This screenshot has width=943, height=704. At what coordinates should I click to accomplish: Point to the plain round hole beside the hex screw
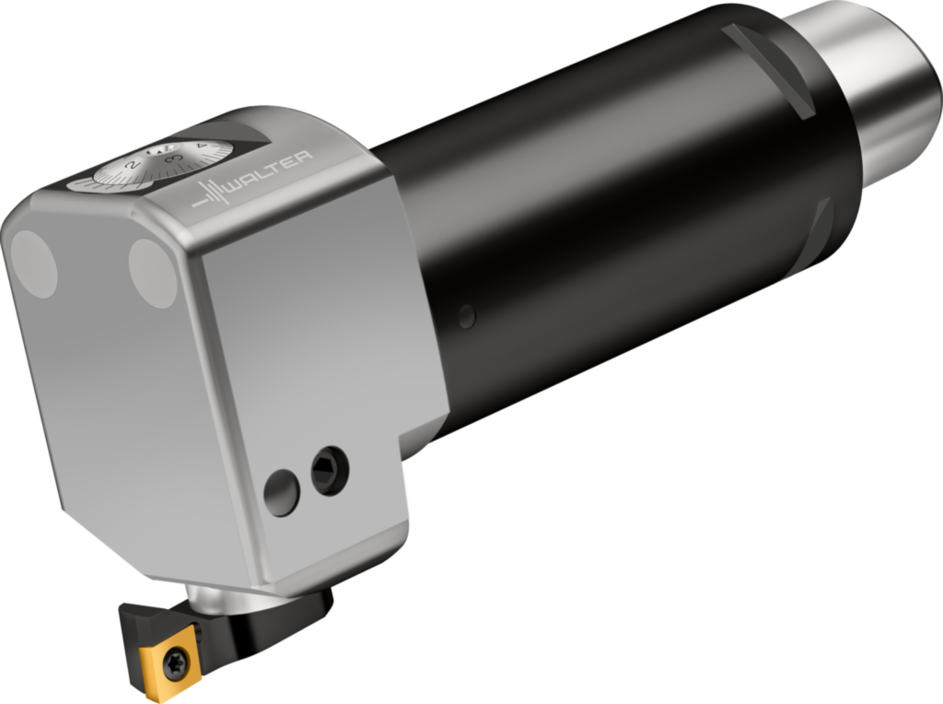click(x=282, y=493)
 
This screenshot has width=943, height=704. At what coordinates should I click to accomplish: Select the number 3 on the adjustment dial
click(x=171, y=158)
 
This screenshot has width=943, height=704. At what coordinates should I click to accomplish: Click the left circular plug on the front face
click(x=33, y=264)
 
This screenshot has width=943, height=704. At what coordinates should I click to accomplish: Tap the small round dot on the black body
click(x=467, y=316)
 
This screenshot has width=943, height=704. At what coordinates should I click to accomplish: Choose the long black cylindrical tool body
click(x=599, y=212)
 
